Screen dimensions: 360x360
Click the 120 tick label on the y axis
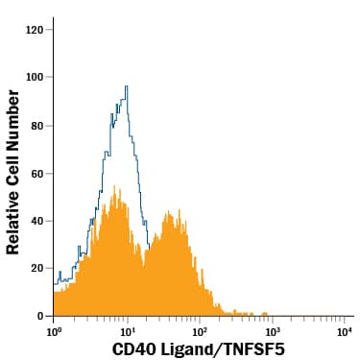[x=34, y=29]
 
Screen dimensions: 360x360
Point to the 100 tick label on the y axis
[x=34, y=77]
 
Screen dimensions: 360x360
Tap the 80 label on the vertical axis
[x=36, y=125]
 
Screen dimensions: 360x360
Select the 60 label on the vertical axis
[x=36, y=173]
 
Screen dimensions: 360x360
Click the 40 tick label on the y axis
[x=36, y=221]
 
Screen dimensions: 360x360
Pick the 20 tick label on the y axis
[x=36, y=268]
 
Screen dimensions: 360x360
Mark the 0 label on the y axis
[x=39, y=316]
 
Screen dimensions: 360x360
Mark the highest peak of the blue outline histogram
[x=126, y=86]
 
